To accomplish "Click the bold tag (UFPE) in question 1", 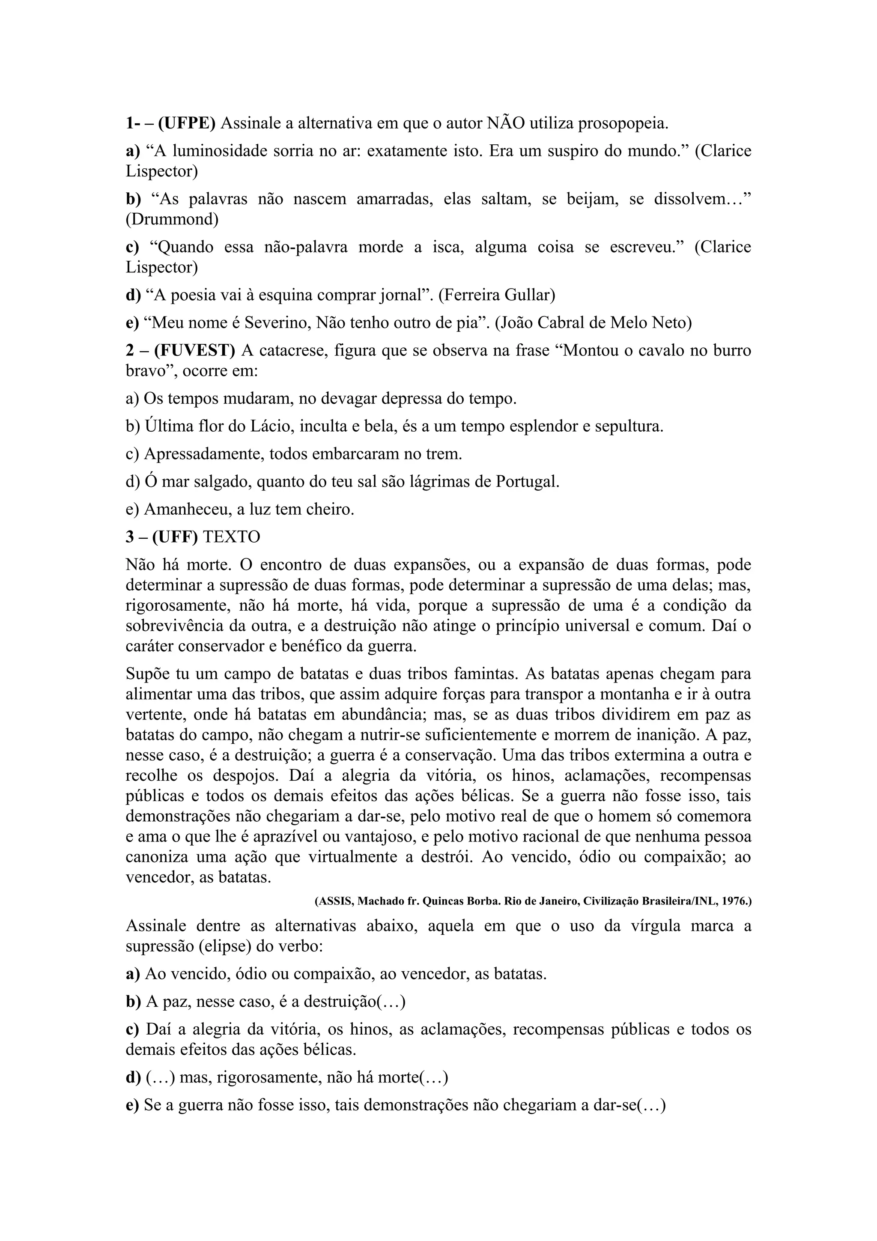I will coord(186,124).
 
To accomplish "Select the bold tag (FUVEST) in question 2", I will coord(194,351).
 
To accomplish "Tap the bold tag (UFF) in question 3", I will coord(175,537).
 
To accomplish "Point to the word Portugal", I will coord(526,482).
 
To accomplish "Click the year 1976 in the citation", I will coord(734,901).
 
